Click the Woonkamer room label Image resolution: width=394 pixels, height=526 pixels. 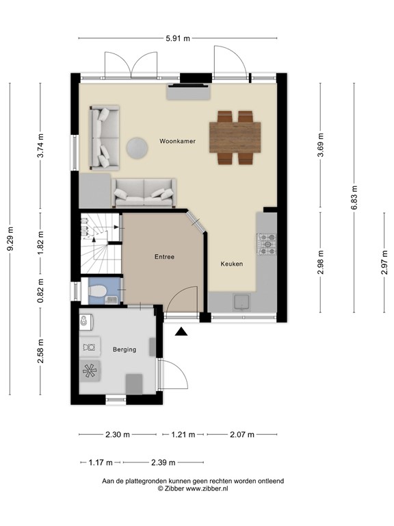(177, 141)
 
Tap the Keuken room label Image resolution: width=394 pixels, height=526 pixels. (231, 264)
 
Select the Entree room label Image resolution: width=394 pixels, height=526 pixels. (164, 258)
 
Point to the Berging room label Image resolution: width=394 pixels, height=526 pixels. (124, 349)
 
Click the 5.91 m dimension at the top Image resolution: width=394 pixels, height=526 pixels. (178, 39)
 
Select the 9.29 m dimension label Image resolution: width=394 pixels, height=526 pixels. (10, 239)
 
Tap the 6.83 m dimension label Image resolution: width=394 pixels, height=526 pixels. (354, 193)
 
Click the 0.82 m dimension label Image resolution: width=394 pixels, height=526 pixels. (40, 290)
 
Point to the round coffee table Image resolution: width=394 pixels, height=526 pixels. (136, 147)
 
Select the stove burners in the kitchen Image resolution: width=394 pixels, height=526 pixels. (266, 242)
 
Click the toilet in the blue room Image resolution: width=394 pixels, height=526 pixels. (98, 292)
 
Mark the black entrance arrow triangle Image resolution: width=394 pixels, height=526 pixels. (181, 332)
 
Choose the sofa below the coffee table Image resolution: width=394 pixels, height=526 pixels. (144, 192)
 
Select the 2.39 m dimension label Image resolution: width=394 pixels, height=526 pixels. (162, 462)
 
